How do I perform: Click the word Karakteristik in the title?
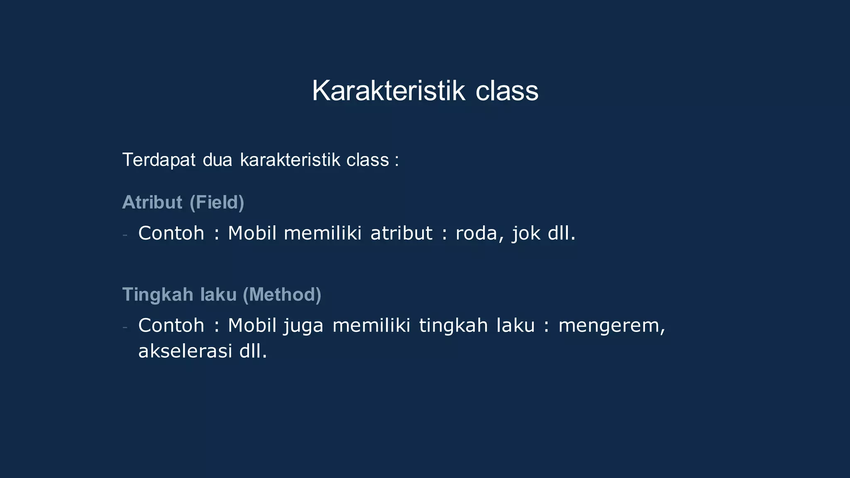[388, 91]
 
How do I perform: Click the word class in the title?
[507, 91]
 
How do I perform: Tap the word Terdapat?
[159, 160]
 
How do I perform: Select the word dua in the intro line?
[217, 160]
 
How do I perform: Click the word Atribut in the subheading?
[152, 202]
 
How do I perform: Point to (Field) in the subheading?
[217, 202]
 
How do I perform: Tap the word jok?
[526, 233]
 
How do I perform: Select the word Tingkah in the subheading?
[158, 295]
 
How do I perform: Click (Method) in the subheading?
[282, 295]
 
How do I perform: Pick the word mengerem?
[612, 325]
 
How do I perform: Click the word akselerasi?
[185, 351]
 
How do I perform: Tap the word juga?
[303, 325]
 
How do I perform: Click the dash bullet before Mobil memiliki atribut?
[125, 235]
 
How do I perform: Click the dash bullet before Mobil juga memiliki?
[125, 327]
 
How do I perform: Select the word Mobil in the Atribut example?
[252, 233]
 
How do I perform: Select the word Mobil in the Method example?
[252, 325]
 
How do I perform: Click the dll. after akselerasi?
[253, 351]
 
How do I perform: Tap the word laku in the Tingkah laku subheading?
[218, 295]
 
